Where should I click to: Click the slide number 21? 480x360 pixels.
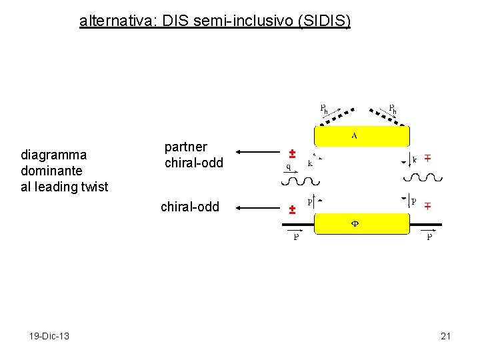[x=446, y=336]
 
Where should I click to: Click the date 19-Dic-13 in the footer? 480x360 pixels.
[x=49, y=336]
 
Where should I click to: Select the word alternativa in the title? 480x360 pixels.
[x=115, y=21]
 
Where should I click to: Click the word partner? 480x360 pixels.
[x=186, y=147]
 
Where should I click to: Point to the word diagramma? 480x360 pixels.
[x=54, y=155]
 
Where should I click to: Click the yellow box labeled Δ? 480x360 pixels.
[x=361, y=136]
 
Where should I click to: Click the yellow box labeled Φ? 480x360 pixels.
[x=361, y=223]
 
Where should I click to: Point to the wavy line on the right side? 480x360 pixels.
[x=423, y=177]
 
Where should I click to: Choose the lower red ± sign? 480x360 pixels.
[x=291, y=209]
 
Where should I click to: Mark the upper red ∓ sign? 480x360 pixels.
[x=427, y=158]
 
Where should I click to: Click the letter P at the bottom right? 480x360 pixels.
[x=429, y=237]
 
